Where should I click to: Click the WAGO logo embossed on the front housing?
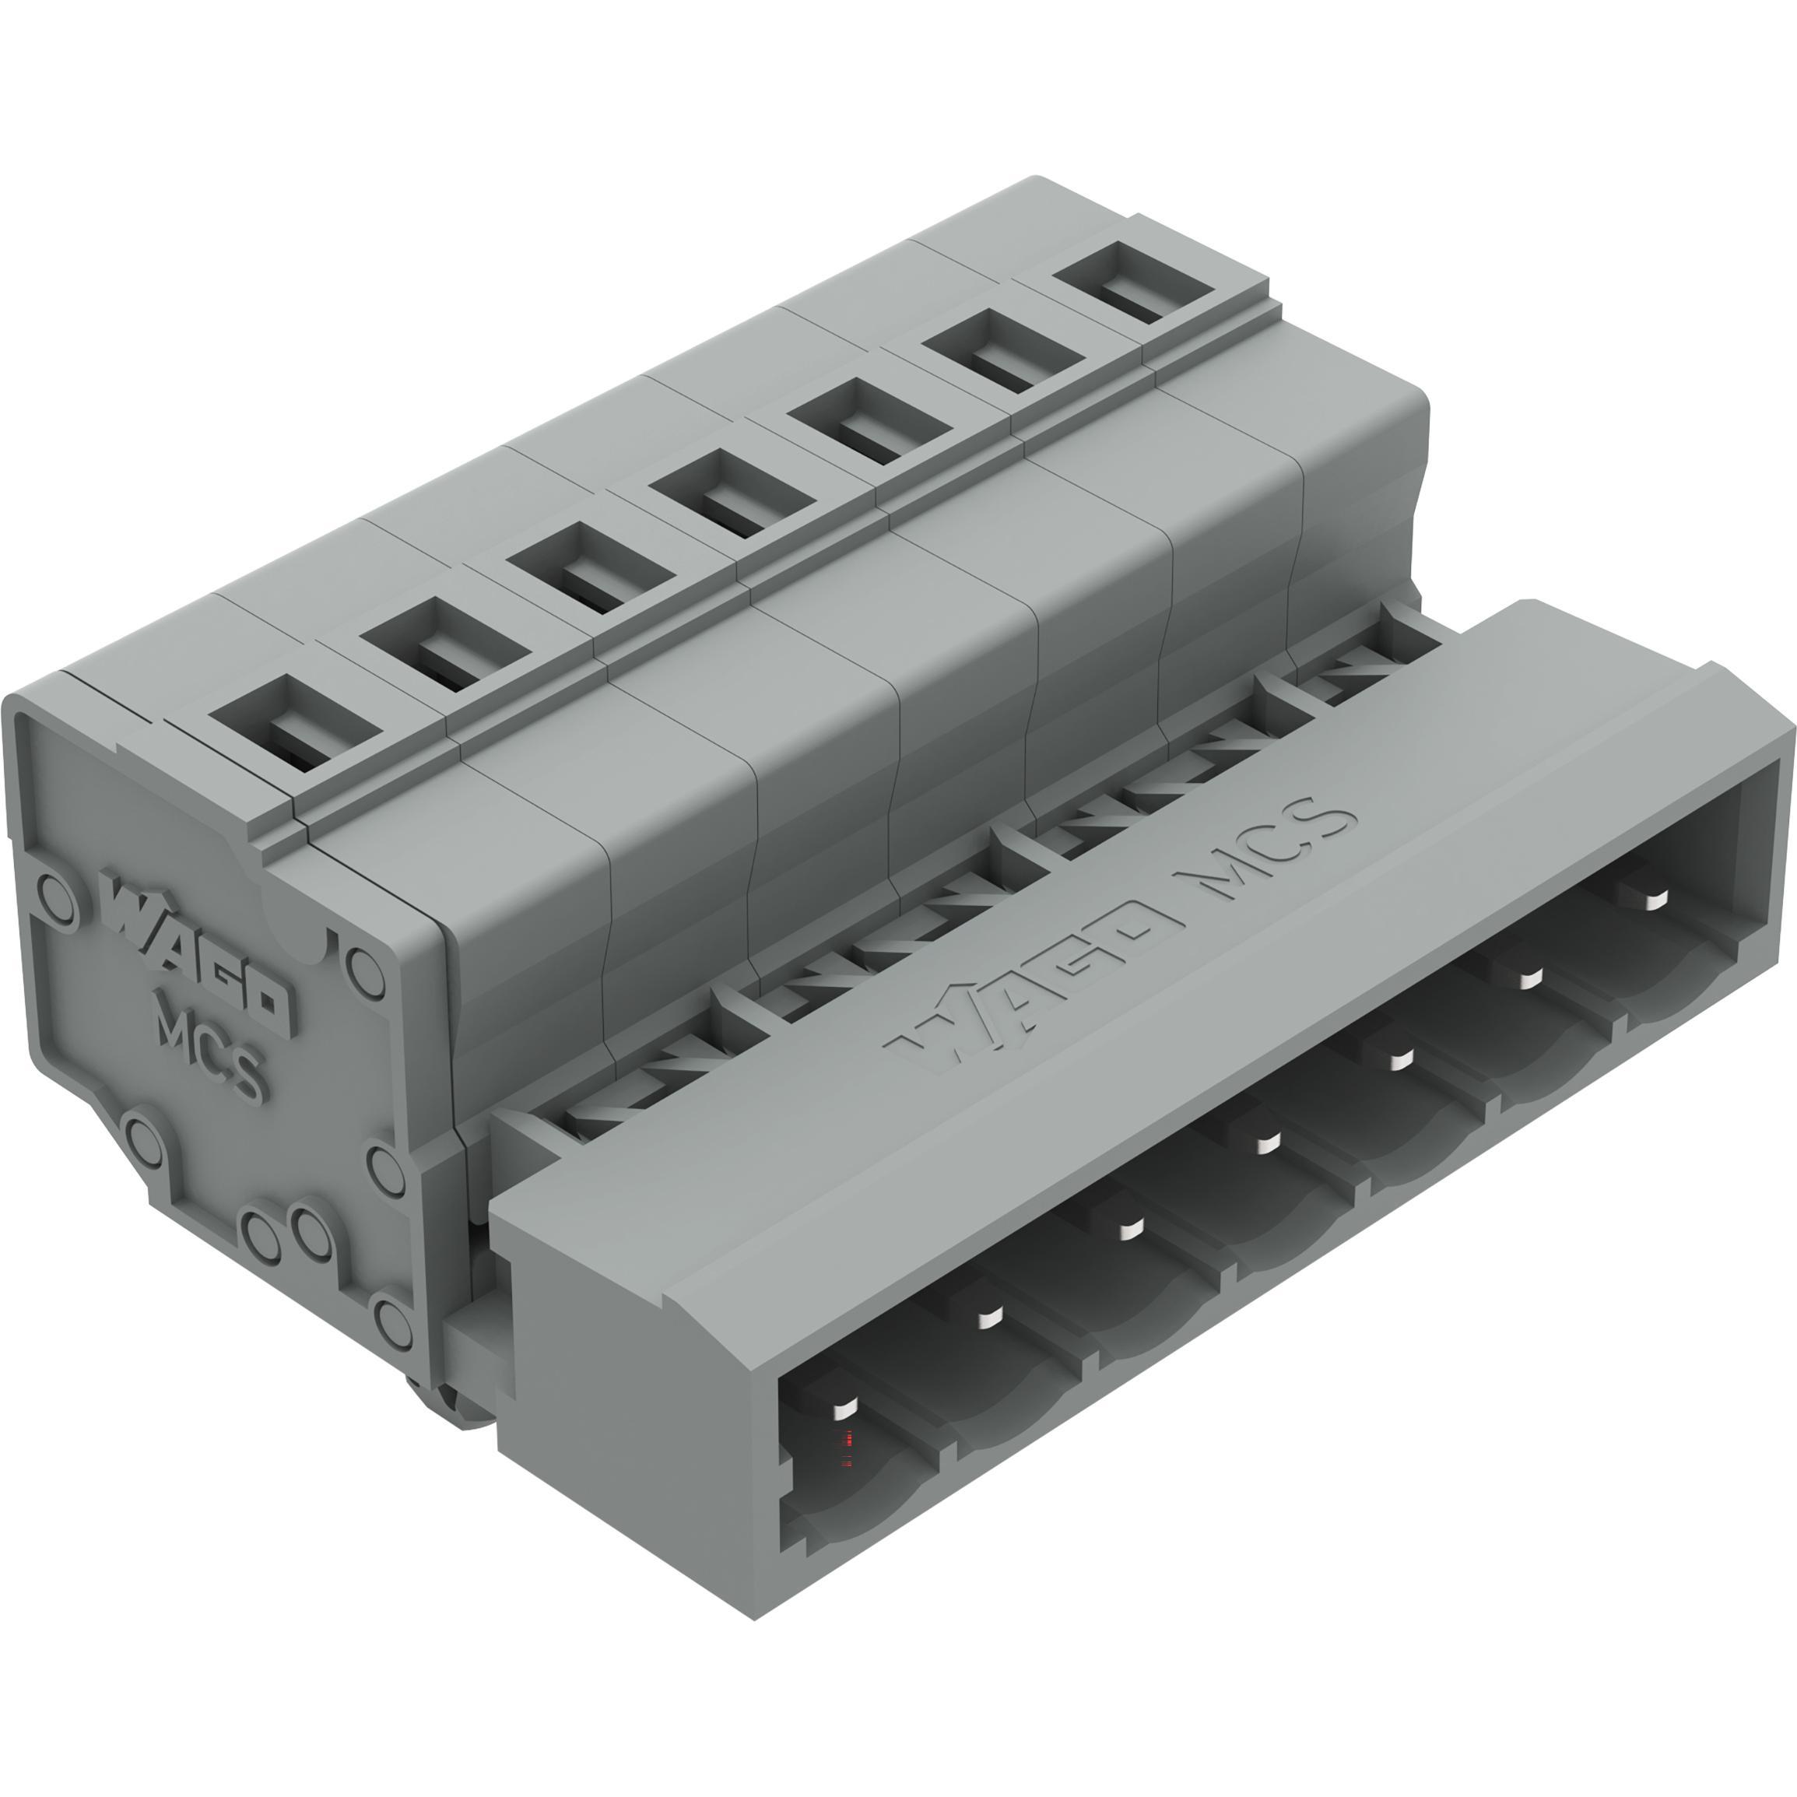tap(1033, 986)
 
